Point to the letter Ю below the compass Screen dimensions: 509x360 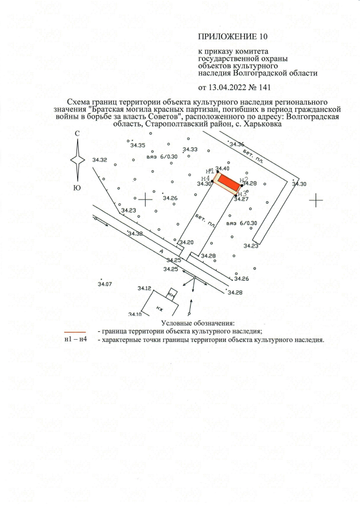click(x=77, y=188)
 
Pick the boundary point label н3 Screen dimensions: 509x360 click(x=242, y=193)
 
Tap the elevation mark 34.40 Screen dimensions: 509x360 click(x=223, y=168)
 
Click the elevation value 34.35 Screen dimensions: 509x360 click(x=137, y=145)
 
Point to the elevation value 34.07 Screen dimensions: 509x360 click(x=105, y=284)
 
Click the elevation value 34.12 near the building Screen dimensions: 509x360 click(x=145, y=288)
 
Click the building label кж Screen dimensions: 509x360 click(x=159, y=308)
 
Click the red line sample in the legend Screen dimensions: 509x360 click(x=75, y=332)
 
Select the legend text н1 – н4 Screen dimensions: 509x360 click(x=75, y=340)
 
